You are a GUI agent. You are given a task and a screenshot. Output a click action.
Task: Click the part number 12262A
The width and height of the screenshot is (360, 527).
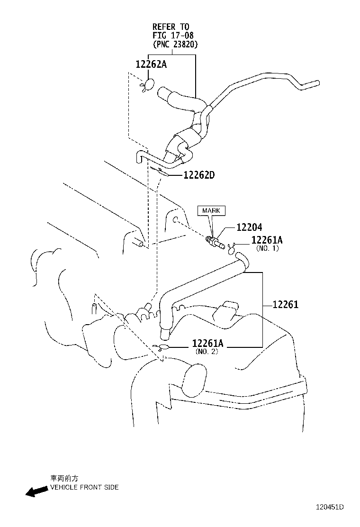pos(151,64)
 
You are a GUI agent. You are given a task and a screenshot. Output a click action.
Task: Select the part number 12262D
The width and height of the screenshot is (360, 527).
pos(199,175)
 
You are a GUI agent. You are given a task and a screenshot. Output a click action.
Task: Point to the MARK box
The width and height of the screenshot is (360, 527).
pos(211,210)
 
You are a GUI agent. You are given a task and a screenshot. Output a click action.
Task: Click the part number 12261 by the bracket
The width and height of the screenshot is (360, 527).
pos(285,305)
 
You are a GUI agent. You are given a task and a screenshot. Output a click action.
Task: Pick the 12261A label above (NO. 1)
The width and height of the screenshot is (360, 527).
pos(267,240)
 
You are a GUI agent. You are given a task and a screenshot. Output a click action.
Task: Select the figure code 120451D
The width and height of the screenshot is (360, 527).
pos(330,507)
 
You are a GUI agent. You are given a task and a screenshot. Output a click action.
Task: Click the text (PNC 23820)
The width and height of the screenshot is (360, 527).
pos(175,44)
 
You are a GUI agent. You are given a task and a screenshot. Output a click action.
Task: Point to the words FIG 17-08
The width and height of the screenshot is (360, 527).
pos(172,36)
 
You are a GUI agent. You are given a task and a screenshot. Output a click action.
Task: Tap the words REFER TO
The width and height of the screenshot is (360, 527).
pos(171,27)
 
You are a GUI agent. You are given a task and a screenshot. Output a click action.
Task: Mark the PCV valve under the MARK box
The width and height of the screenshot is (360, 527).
pos(214,241)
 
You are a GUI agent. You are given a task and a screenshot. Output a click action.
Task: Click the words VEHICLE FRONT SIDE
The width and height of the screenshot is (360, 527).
pos(84,487)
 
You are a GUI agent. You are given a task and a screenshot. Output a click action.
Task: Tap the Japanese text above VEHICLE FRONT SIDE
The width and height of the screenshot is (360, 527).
pos(64,479)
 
